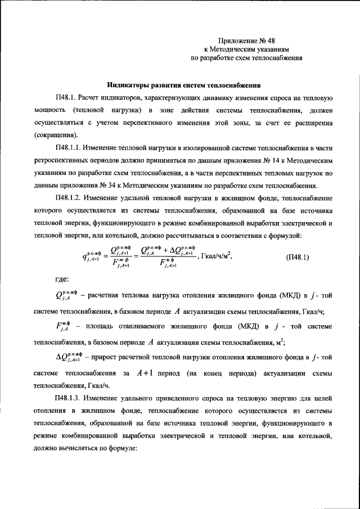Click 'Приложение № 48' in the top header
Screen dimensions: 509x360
247,40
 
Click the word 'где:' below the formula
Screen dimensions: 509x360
62,278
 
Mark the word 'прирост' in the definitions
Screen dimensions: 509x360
103,357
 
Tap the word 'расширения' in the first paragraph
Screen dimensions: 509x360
314,122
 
